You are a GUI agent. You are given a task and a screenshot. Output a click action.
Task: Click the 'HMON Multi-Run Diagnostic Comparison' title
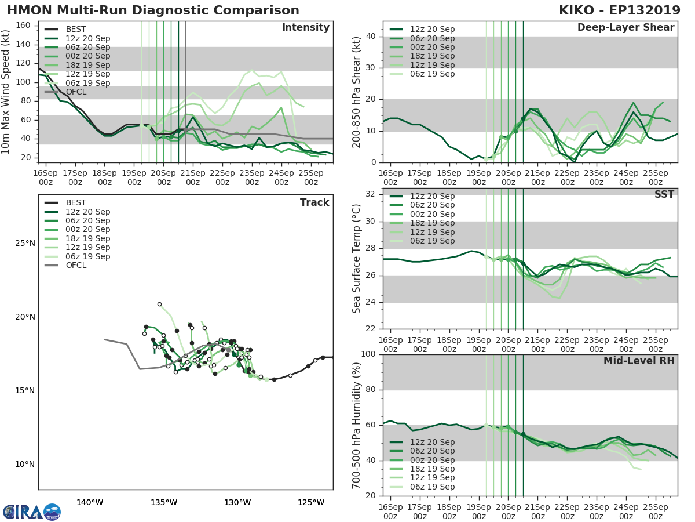pyautogui.click(x=153, y=10)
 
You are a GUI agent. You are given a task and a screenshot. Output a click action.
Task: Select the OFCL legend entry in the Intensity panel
pyautogui.click(x=76, y=92)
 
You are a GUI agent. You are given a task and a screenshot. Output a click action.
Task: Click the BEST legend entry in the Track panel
pyautogui.click(x=76, y=202)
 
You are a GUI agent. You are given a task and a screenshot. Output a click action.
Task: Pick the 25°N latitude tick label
pyautogui.click(x=24, y=243)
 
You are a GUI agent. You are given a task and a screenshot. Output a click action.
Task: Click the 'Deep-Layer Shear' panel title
pyautogui.click(x=625, y=28)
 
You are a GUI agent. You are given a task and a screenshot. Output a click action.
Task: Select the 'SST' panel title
pyautogui.click(x=664, y=194)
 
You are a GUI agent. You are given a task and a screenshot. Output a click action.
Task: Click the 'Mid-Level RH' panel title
pyautogui.click(x=639, y=361)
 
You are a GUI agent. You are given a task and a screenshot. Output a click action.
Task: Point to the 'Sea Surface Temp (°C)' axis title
pyautogui.click(x=356, y=258)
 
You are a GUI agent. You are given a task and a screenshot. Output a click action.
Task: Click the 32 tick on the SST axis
pyautogui.click(x=372, y=194)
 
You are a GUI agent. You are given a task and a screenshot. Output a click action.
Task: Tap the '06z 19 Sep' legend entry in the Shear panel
pyautogui.click(x=432, y=74)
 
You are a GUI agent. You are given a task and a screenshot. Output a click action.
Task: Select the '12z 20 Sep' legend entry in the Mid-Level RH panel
pyautogui.click(x=432, y=442)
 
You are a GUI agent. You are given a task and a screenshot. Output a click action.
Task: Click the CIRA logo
pyautogui.click(x=32, y=512)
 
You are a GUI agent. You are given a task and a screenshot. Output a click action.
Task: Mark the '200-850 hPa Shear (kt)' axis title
pyautogui.click(x=356, y=92)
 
